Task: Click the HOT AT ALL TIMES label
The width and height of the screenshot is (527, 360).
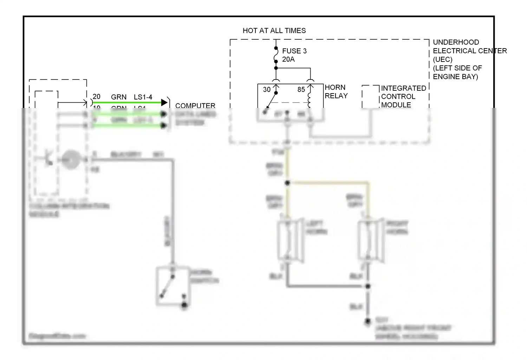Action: (x=274, y=31)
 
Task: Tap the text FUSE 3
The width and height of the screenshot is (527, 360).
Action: (x=294, y=51)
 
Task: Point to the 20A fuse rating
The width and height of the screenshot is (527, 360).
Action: (x=288, y=59)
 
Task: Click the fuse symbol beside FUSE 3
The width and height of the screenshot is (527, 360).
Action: (x=276, y=55)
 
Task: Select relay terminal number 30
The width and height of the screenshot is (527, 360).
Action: (x=267, y=90)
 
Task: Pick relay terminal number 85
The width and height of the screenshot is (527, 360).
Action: (x=301, y=90)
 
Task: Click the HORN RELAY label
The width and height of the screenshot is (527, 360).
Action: (x=336, y=91)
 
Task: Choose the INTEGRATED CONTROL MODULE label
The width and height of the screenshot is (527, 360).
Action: (x=403, y=96)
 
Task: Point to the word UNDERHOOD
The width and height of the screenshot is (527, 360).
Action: (x=456, y=42)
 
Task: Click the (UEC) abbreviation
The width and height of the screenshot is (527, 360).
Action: (x=442, y=59)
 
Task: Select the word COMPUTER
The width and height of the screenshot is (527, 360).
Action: (x=195, y=105)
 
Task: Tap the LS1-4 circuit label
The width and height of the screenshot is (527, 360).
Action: (x=143, y=97)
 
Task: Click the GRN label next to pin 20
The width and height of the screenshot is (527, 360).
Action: (x=119, y=97)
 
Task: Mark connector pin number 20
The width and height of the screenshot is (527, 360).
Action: (x=97, y=97)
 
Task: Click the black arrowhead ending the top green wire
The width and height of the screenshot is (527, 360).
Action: (x=164, y=103)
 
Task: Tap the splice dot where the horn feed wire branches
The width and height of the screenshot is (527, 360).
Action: (x=287, y=183)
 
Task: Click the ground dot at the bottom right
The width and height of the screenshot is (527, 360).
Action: (x=367, y=321)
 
